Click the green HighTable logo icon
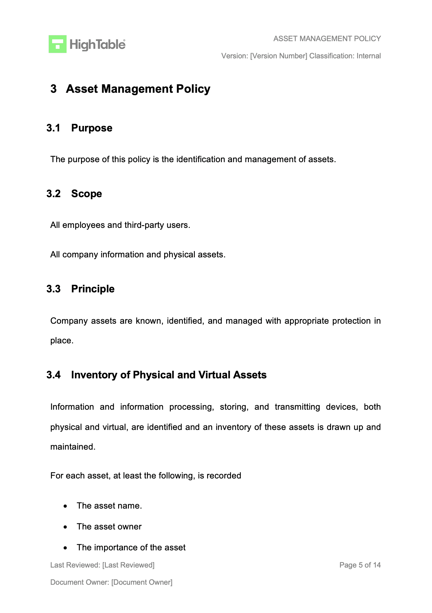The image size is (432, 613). point(57,44)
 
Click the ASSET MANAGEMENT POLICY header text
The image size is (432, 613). point(327,39)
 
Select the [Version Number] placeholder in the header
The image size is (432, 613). point(279,56)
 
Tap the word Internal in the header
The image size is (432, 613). point(368,56)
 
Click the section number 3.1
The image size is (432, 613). point(53,128)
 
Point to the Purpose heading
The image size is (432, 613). point(92,128)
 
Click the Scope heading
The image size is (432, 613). point(87,194)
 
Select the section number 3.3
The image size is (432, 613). point(53,289)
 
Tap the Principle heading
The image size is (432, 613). point(93,289)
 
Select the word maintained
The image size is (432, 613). point(73,447)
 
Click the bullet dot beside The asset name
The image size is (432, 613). point(65,506)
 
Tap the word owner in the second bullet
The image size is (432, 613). point(131,527)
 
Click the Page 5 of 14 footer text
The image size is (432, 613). point(360,565)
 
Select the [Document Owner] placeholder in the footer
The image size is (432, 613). point(142,582)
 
